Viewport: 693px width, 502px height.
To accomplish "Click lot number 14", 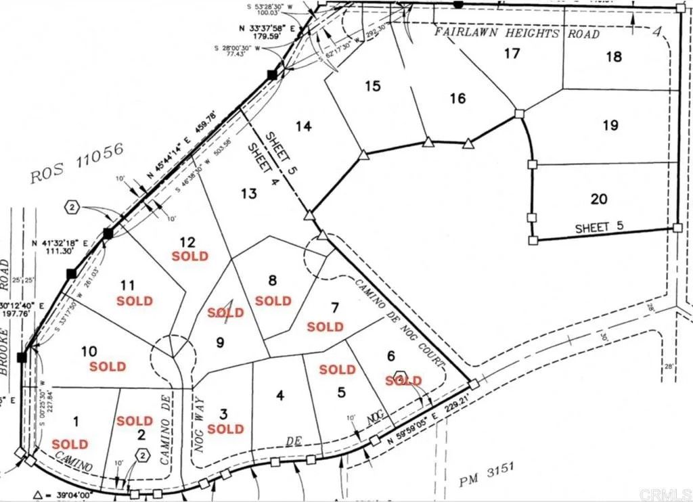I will (304, 127).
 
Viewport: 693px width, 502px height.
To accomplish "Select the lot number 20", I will (598, 199).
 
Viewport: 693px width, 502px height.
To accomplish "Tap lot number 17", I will (512, 53).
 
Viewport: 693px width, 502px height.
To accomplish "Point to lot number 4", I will (280, 396).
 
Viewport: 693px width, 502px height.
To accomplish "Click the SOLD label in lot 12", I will (189, 256).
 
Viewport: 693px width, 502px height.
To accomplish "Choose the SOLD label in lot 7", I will (326, 327).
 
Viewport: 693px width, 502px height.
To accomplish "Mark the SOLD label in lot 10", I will (108, 367).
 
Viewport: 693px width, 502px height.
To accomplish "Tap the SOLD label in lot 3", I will (225, 429).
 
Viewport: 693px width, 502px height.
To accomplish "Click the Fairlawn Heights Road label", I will (516, 32).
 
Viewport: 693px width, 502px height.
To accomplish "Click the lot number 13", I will (248, 194).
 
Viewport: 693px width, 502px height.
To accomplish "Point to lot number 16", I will (457, 98).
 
